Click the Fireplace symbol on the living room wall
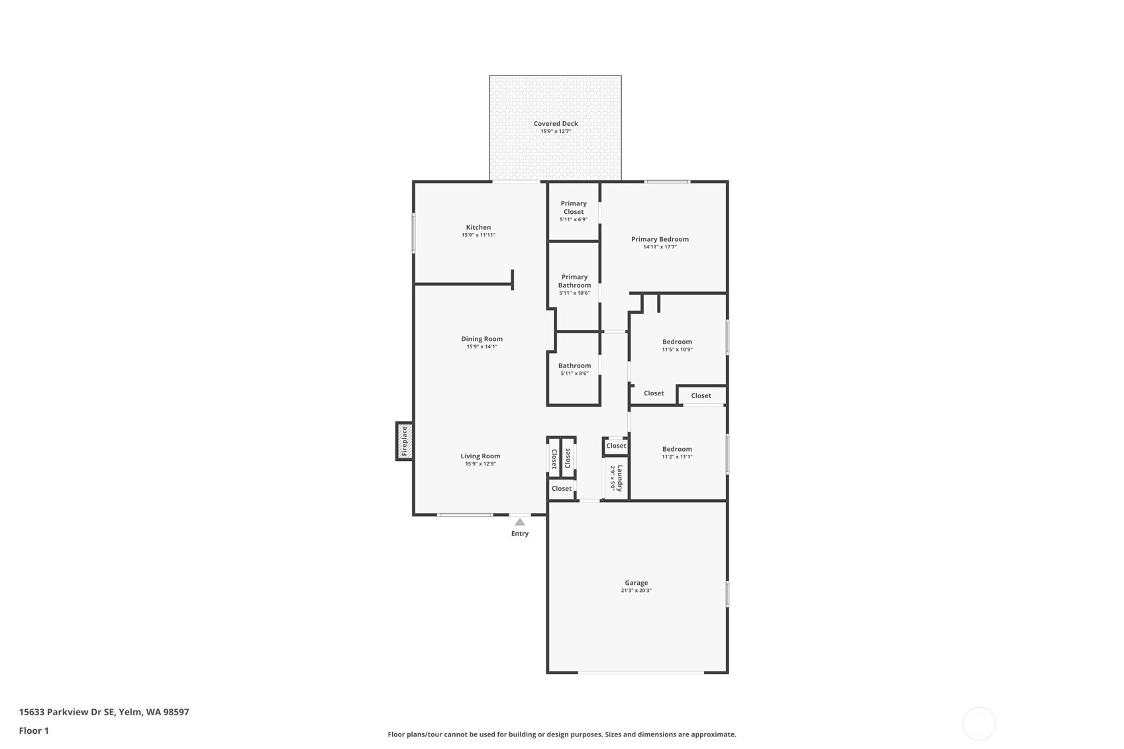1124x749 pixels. (405, 441)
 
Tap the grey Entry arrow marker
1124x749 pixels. (520, 523)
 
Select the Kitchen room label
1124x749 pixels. (478, 227)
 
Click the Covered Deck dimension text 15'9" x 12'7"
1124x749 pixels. (556, 131)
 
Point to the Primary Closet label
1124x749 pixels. (574, 207)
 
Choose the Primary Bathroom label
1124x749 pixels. (574, 281)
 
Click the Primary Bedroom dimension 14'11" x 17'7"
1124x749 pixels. (660, 247)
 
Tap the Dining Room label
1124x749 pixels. (482, 338)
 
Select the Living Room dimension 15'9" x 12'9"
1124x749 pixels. (480, 464)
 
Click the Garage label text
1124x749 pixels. (637, 582)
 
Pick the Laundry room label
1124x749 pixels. (620, 478)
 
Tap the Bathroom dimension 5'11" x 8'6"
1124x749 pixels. (574, 374)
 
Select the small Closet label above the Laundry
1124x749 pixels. (616, 446)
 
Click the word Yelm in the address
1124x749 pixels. (130, 712)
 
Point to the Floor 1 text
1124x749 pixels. (34, 730)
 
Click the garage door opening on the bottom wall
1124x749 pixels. (640, 672)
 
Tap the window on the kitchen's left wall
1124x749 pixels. (413, 232)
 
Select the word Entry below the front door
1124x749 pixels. (520, 533)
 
